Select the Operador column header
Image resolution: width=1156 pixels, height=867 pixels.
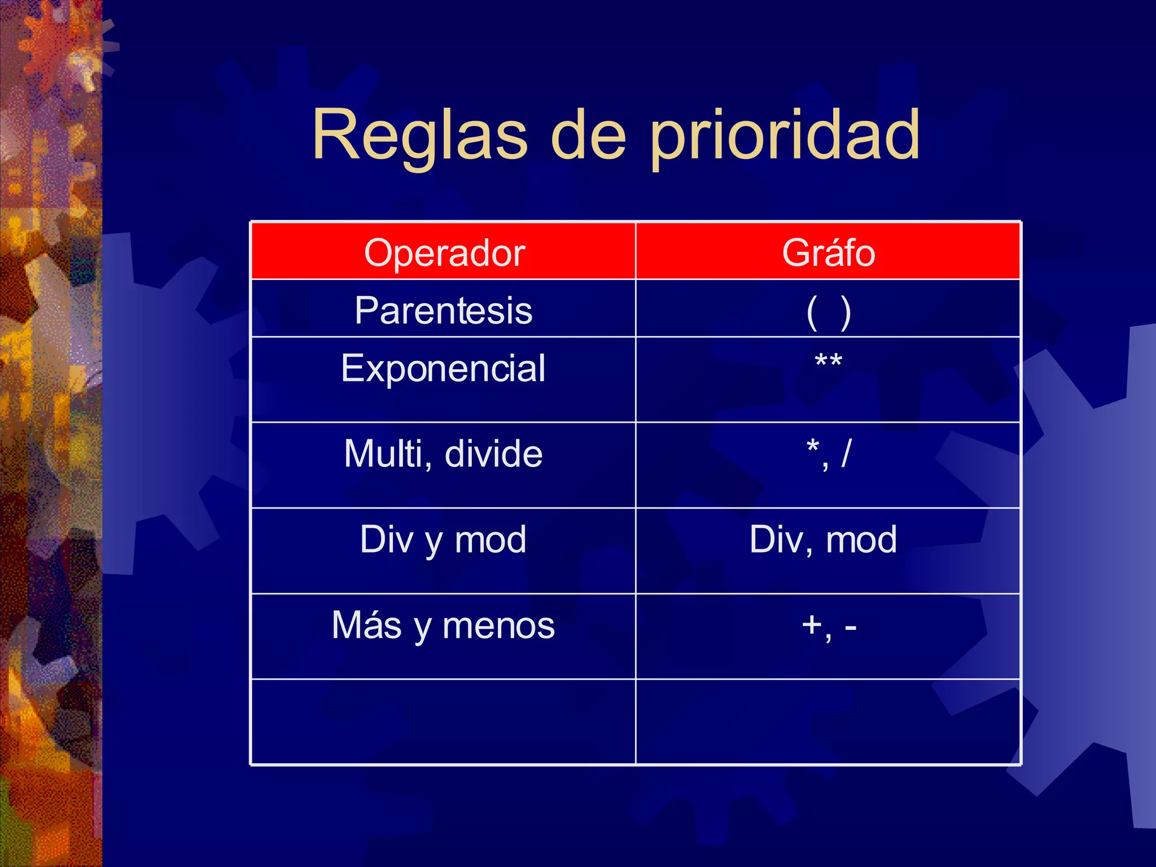(x=444, y=252)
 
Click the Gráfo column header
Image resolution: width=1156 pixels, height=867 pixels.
(x=828, y=252)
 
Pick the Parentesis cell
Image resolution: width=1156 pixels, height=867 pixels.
(x=443, y=310)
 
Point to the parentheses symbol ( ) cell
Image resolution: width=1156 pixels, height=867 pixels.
(x=828, y=312)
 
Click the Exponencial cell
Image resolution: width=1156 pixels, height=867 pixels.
(x=443, y=369)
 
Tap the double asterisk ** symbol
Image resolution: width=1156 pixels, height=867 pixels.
(x=828, y=361)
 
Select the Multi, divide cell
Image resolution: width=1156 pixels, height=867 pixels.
(x=443, y=454)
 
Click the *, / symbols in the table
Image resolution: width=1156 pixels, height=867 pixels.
(x=828, y=453)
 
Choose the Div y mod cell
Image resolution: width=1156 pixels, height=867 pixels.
(x=443, y=540)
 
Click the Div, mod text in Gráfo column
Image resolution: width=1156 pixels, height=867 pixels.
(x=823, y=540)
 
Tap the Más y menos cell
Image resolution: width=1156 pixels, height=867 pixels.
(x=443, y=625)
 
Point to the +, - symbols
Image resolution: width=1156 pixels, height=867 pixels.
(x=828, y=625)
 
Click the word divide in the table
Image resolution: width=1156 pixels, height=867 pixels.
(x=493, y=454)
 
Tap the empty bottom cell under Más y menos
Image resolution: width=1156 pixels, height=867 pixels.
(x=443, y=721)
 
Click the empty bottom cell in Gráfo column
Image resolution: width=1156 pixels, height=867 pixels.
(x=828, y=721)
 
